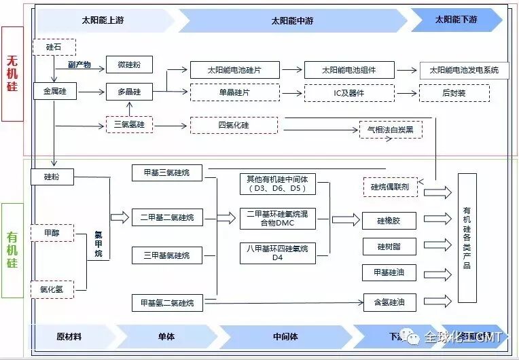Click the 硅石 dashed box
click(x=54, y=47)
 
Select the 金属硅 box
click(x=55, y=90)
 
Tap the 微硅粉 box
click(x=129, y=65)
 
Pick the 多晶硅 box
click(x=129, y=91)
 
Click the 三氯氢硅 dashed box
click(x=129, y=125)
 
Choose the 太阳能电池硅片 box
click(x=234, y=70)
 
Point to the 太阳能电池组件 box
click(x=348, y=70)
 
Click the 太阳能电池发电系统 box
click(x=464, y=70)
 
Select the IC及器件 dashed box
click(x=348, y=92)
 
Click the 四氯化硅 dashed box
click(x=234, y=126)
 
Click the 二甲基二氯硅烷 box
click(x=167, y=218)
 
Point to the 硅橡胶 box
click(x=389, y=220)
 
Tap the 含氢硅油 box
click(x=389, y=302)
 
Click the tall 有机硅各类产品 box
click(x=467, y=238)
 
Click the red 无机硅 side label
click(x=12, y=74)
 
